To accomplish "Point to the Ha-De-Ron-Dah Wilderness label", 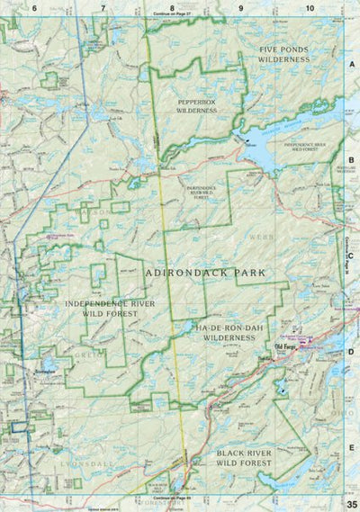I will (x=228, y=333).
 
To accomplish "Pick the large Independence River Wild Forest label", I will (x=104, y=310).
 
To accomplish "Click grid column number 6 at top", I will (x=35, y=8).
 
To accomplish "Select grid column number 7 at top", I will (x=103, y=8).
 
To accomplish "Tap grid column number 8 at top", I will (x=172, y=8).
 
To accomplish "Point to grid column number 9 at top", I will (x=240, y=8).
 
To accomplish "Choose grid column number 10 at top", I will (x=309, y=8).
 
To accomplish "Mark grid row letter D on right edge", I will (x=351, y=353).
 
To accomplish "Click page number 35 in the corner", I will (x=350, y=503).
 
